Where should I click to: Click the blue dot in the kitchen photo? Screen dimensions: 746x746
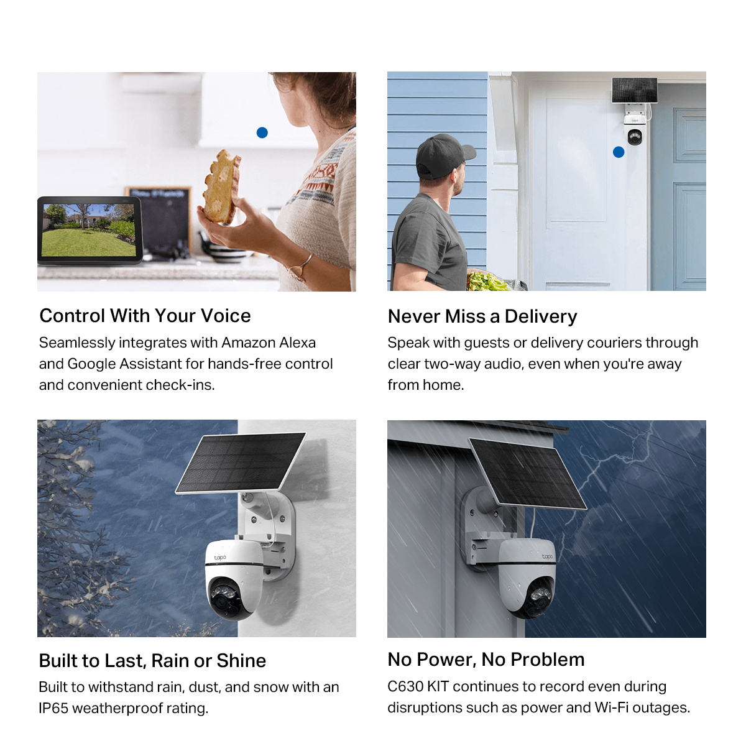coord(262,133)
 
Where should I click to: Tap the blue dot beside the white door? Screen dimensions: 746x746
coord(619,152)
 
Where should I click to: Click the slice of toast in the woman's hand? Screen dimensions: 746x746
coord(222,186)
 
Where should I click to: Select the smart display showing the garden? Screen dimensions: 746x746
coord(90,231)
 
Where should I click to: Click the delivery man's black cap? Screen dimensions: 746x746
coord(444,155)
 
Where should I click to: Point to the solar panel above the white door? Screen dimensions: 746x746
coord(634,90)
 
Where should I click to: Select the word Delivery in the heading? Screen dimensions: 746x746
coord(541,316)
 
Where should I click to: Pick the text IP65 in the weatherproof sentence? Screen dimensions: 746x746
coord(53,709)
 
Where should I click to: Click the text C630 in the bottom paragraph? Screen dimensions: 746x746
coord(405,687)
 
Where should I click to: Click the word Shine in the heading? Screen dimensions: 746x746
coord(241,661)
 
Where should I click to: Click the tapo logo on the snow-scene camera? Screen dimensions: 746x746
coord(220,558)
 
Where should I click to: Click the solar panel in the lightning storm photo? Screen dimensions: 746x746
coord(527,474)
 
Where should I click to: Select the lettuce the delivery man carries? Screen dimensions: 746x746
coord(486,282)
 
